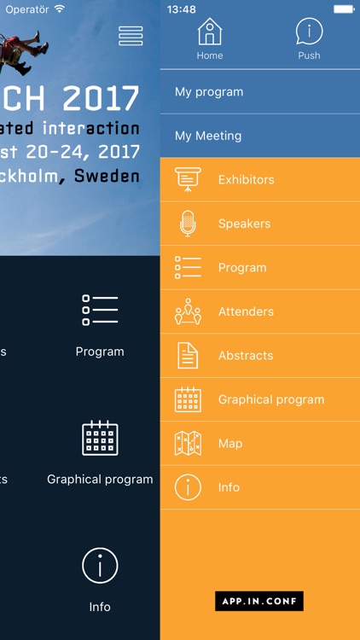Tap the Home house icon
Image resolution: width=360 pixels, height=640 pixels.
pyautogui.click(x=209, y=32)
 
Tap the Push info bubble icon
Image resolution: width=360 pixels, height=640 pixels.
pyautogui.click(x=309, y=32)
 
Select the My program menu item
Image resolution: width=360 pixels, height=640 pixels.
pyautogui.click(x=209, y=92)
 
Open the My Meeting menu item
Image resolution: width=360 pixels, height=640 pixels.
pyautogui.click(x=208, y=136)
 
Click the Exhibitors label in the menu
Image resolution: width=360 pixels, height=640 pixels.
pyautogui.click(x=246, y=180)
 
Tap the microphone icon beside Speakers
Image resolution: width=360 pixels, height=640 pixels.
pyautogui.click(x=188, y=224)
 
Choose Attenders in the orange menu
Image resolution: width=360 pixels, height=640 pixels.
pyautogui.click(x=246, y=311)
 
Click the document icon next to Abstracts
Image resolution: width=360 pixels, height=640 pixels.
pyautogui.click(x=188, y=355)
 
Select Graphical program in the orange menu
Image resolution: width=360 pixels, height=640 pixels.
pyautogui.click(x=271, y=399)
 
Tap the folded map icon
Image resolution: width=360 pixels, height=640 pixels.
pyautogui.click(x=188, y=443)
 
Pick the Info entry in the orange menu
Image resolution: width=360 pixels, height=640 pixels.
pyautogui.click(x=229, y=487)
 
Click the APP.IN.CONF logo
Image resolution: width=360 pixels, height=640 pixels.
pyautogui.click(x=259, y=602)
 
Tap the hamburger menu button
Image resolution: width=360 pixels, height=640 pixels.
pyautogui.click(x=131, y=35)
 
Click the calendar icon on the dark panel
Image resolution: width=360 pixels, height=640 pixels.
pyautogui.click(x=100, y=438)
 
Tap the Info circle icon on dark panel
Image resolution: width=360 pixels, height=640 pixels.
pyautogui.click(x=100, y=565)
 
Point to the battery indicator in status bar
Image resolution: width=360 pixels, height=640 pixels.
pyautogui.click(x=343, y=9)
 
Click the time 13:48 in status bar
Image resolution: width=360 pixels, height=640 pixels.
pyautogui.click(x=182, y=9)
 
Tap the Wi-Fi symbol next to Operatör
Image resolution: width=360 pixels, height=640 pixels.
pyautogui.click(x=59, y=9)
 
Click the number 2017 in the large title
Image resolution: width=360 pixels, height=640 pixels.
pyautogui.click(x=101, y=98)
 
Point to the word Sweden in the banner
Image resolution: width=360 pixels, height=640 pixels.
pyautogui.click(x=107, y=177)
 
